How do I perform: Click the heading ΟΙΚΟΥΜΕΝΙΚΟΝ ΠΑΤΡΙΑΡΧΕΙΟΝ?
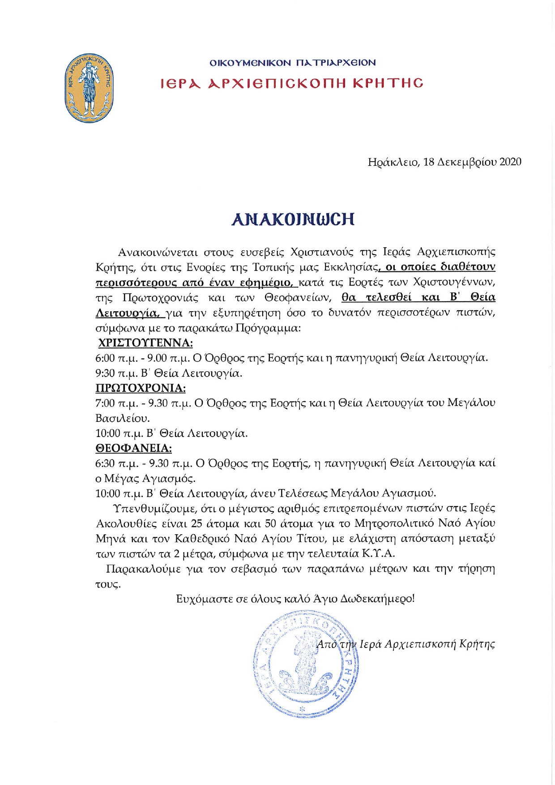point(293,63)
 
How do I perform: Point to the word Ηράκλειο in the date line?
point(393,162)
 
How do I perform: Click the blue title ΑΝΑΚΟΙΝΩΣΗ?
point(293,219)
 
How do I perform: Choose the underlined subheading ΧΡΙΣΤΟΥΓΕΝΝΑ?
point(145,343)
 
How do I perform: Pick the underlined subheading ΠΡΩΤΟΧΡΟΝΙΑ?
point(141,388)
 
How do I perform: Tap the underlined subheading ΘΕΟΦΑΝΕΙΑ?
point(134,448)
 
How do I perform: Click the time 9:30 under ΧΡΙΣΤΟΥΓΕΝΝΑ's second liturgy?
point(105,373)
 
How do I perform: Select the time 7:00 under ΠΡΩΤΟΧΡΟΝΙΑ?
point(105,403)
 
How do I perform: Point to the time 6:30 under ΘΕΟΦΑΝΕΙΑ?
point(105,463)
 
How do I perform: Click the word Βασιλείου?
point(122,418)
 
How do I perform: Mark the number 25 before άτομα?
point(196,523)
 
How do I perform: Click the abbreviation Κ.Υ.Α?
point(379,553)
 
